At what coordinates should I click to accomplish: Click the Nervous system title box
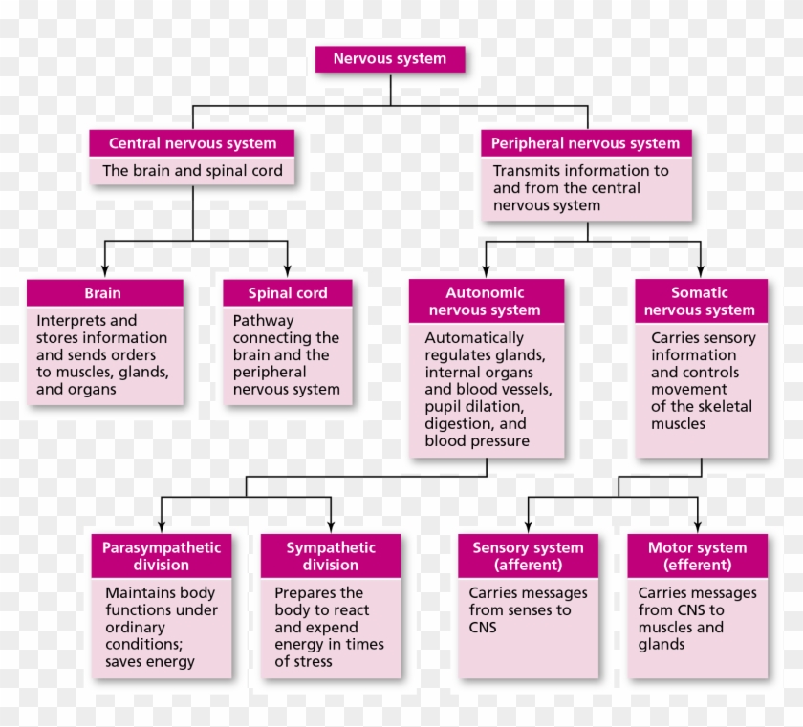pyautogui.click(x=390, y=59)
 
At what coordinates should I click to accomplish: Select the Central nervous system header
pyautogui.click(x=192, y=143)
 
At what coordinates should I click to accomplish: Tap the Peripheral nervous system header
pyautogui.click(x=585, y=143)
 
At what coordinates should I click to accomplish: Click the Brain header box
pyautogui.click(x=103, y=293)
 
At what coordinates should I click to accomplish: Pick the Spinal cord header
pyautogui.click(x=287, y=293)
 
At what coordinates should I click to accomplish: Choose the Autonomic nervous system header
pyautogui.click(x=485, y=301)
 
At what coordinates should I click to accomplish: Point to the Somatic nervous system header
pyautogui.click(x=700, y=301)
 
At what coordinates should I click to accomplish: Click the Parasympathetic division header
pyautogui.click(x=162, y=556)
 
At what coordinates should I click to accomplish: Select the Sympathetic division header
pyautogui.click(x=331, y=556)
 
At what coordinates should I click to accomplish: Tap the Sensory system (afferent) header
pyautogui.click(x=528, y=556)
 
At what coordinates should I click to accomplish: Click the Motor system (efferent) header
pyautogui.click(x=697, y=556)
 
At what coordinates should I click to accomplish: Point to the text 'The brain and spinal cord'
pyautogui.click(x=193, y=171)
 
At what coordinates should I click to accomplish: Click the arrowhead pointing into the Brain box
pyautogui.click(x=104, y=272)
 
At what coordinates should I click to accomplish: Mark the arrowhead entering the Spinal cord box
pyautogui.click(x=287, y=272)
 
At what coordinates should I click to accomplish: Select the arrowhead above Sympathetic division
pyautogui.click(x=331, y=525)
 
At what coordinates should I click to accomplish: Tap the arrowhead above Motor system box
pyautogui.click(x=697, y=525)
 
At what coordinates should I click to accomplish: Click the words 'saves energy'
pyautogui.click(x=150, y=661)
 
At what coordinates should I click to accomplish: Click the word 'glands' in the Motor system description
pyautogui.click(x=662, y=644)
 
